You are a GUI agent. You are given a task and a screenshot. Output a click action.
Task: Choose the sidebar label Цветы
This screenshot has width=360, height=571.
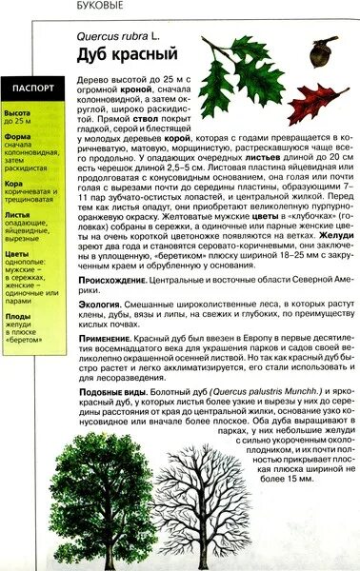tap(16, 255)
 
